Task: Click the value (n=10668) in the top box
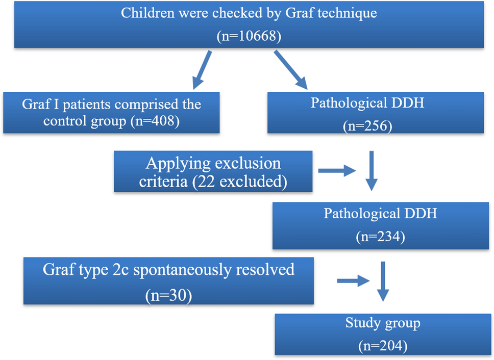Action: [249, 36]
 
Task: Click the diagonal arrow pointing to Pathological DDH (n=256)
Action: [292, 69]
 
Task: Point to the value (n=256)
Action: [367, 125]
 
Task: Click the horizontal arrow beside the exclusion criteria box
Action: [337, 171]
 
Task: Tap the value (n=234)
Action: [380, 237]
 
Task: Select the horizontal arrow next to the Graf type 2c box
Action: [353, 280]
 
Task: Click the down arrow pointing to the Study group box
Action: [383, 282]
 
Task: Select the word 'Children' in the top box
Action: [147, 13]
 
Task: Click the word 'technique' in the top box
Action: [344, 13]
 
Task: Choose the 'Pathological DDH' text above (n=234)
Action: [380, 213]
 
